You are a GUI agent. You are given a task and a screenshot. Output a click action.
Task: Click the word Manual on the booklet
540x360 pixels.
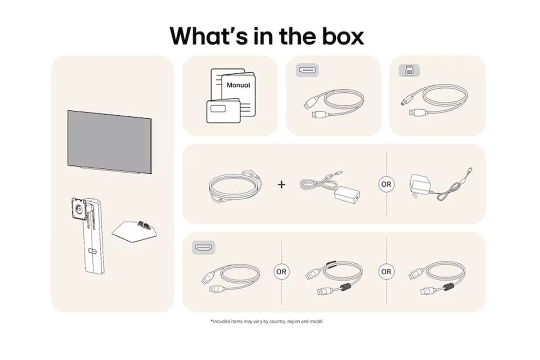click(x=238, y=85)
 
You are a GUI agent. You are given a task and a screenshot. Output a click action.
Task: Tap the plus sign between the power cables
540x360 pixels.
click(x=281, y=184)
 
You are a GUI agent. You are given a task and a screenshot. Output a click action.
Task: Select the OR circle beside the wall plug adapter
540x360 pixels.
click(x=386, y=184)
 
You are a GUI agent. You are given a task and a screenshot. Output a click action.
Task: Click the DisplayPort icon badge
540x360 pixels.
click(x=307, y=70)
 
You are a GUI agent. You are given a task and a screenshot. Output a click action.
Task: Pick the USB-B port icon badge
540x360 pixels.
click(x=409, y=70)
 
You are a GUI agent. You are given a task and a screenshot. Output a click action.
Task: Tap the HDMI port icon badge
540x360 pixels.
click(x=204, y=247)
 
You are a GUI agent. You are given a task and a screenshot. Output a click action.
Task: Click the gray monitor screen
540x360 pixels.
click(x=110, y=142)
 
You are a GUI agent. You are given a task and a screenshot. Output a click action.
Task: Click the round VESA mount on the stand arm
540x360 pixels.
click(x=79, y=208)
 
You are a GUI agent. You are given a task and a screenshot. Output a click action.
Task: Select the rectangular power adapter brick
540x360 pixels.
click(x=347, y=194)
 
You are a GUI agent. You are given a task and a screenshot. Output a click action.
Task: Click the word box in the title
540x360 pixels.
click(x=343, y=36)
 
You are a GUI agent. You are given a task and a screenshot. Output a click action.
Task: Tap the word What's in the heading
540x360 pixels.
click(x=209, y=36)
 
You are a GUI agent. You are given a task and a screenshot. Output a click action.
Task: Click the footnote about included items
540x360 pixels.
click(x=267, y=321)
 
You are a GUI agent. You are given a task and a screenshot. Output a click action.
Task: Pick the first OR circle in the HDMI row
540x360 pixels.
click(x=281, y=272)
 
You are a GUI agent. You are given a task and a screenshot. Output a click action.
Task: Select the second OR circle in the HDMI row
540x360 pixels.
click(x=386, y=272)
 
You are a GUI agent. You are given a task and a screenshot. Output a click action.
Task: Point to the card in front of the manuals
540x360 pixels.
click(x=224, y=111)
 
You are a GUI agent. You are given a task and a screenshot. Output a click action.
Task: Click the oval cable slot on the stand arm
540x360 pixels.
click(x=93, y=251)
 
